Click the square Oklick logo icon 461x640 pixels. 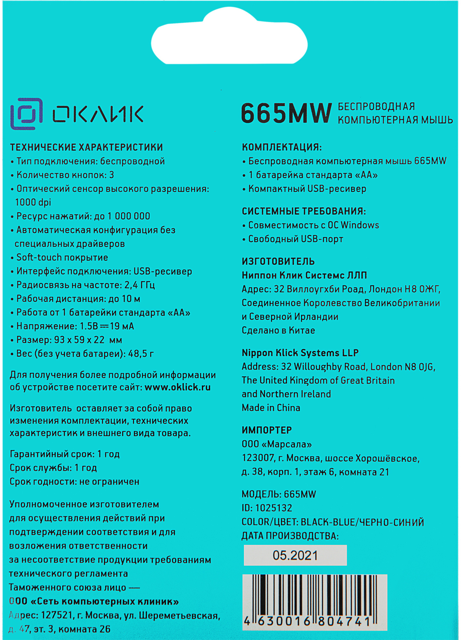click(x=26, y=114)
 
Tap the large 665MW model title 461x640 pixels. click(x=286, y=113)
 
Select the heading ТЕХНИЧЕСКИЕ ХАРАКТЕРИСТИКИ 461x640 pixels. click(x=86, y=147)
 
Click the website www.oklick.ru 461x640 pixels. click(x=178, y=387)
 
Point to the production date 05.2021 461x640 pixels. click(x=295, y=556)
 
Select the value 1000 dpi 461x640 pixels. click(x=33, y=202)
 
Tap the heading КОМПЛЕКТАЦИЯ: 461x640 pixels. click(x=282, y=147)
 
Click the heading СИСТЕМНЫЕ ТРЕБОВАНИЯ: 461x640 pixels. click(x=304, y=211)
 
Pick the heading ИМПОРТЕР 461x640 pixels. click(x=267, y=430)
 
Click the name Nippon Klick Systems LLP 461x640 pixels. click(x=300, y=353)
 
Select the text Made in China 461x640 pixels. click(x=271, y=408)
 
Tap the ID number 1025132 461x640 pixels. click(x=274, y=508)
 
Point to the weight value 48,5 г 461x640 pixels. click(x=141, y=354)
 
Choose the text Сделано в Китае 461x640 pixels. click(x=278, y=330)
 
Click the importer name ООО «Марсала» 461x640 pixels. click(x=277, y=444)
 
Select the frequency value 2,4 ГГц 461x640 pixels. click(x=140, y=285)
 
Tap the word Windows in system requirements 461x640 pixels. click(x=360, y=225)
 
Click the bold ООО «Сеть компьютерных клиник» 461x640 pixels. click(x=94, y=601)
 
